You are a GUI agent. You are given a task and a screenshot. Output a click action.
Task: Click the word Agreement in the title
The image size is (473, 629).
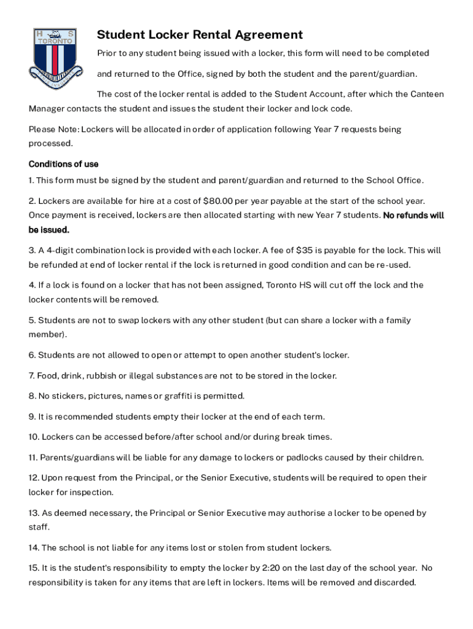(268, 35)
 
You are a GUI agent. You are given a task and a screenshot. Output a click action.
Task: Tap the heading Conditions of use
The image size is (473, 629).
(63, 165)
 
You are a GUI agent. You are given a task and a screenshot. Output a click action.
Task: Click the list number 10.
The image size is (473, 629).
(34, 437)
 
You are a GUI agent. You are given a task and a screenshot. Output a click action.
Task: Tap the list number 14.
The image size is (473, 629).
(34, 547)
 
